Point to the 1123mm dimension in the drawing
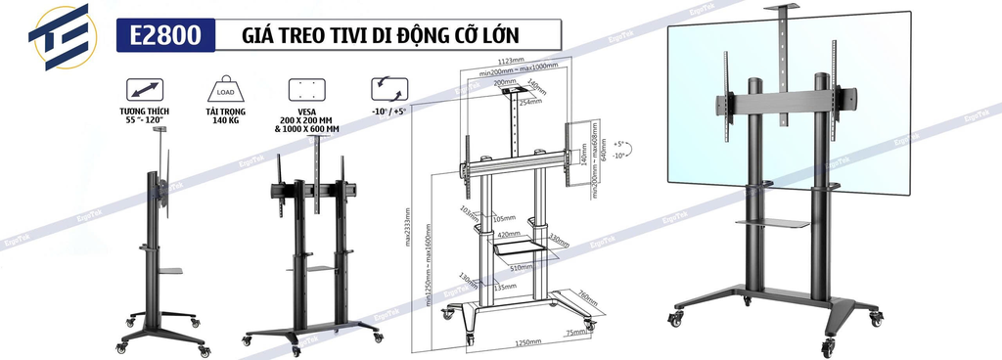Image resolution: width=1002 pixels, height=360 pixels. tap(518, 61)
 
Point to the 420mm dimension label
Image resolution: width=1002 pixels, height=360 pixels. tap(510, 235)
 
